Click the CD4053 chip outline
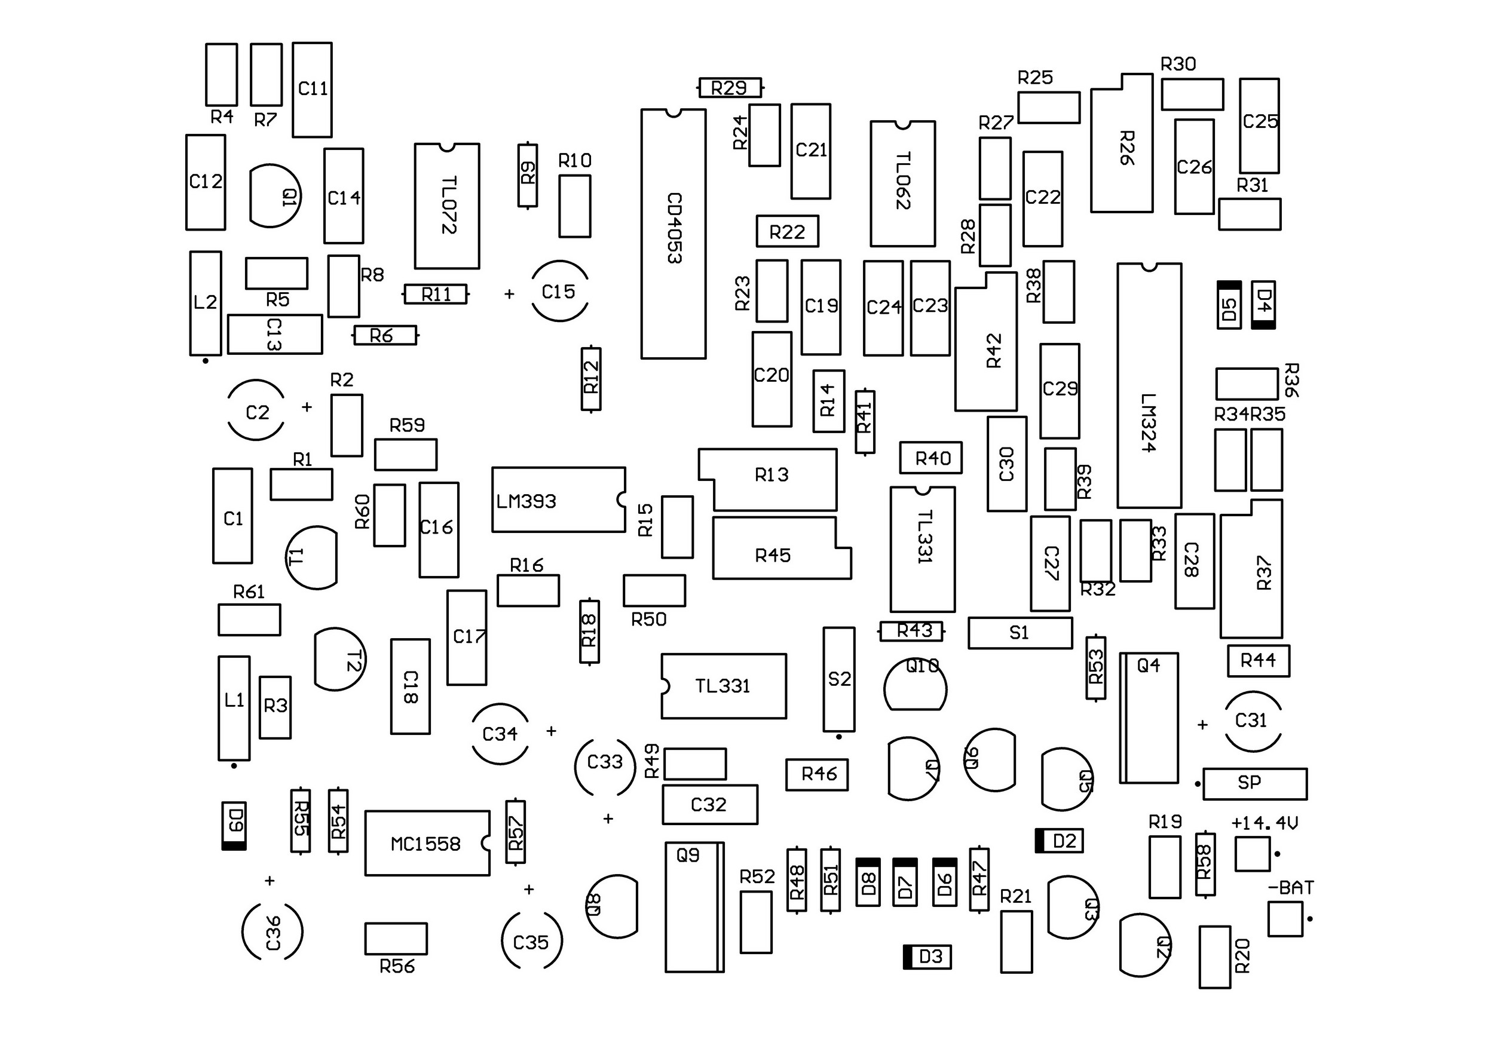(673, 234)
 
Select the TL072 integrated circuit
(447, 206)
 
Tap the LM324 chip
(1149, 386)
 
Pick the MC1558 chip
(427, 843)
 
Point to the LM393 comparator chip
(558, 499)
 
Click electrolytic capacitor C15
(559, 292)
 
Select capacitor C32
(709, 805)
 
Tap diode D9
(234, 826)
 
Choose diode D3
(927, 957)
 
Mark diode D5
(1229, 305)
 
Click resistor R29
(730, 87)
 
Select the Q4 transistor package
(1149, 718)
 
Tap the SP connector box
(1254, 783)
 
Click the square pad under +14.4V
(1252, 854)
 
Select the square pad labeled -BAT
(1285, 920)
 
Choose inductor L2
(206, 303)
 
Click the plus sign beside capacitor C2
(307, 407)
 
